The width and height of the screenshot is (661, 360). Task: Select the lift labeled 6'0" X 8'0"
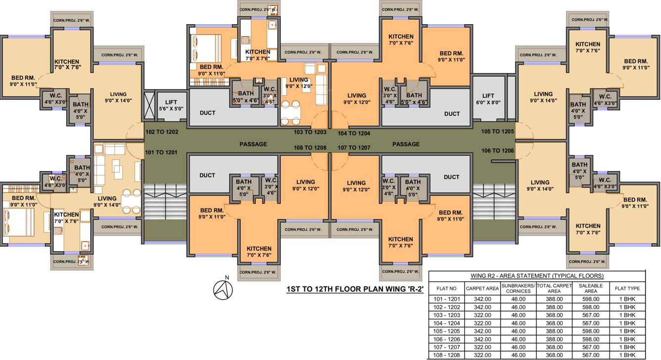[x=488, y=99]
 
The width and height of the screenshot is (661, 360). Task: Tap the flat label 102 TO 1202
[x=162, y=132]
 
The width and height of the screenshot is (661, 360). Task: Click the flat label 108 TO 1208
[x=310, y=147]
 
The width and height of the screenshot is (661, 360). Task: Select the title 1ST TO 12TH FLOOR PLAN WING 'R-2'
[x=355, y=290]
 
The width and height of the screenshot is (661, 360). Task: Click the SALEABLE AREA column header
[x=591, y=288]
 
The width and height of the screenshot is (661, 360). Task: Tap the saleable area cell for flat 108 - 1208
[x=591, y=355]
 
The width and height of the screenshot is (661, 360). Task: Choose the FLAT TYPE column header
[x=627, y=288]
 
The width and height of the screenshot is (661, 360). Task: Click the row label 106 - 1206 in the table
[x=447, y=339]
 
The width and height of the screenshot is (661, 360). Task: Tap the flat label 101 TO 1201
[x=161, y=152]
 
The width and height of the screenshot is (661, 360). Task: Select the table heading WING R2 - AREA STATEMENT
[x=537, y=276]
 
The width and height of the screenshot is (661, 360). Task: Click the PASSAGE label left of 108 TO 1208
[x=253, y=144]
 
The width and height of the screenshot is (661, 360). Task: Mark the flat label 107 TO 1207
[x=354, y=147]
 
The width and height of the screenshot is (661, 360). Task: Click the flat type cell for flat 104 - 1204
[x=627, y=323]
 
